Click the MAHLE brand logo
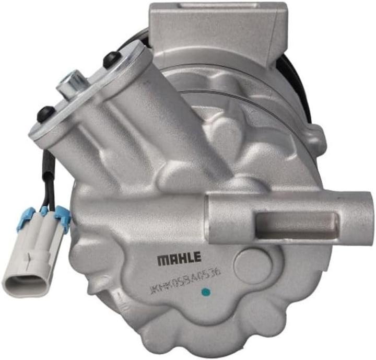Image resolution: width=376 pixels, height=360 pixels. point(179,259)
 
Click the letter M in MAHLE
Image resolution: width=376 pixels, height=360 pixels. point(162,259)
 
